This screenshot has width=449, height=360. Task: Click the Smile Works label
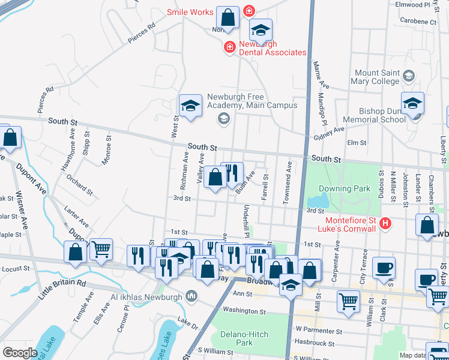(190, 12)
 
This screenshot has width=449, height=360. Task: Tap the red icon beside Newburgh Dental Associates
(229, 47)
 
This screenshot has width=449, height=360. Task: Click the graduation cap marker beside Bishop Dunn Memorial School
(412, 103)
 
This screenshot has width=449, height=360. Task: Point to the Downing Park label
(344, 189)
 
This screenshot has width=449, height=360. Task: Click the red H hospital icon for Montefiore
(386, 224)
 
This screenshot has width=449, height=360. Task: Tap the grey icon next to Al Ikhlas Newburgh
(191, 295)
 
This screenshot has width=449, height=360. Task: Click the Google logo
(20, 352)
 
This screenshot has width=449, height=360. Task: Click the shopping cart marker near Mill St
(348, 301)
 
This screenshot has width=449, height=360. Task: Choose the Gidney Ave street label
(329, 133)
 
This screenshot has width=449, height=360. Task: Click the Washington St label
(245, 311)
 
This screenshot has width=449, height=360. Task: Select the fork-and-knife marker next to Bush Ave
(232, 173)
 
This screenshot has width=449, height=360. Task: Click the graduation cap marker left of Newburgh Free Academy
(190, 106)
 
